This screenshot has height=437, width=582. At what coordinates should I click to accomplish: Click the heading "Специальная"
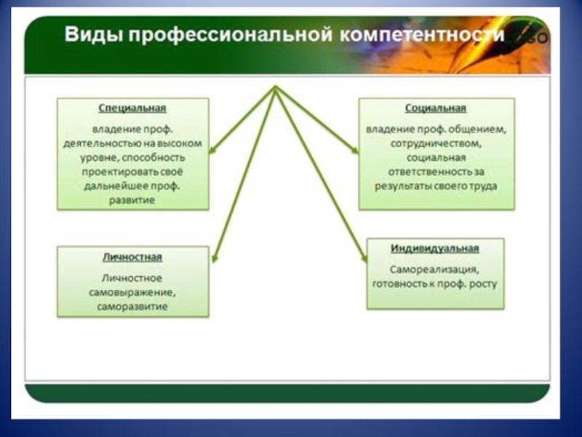(132, 108)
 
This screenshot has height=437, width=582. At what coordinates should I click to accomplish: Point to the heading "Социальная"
(435, 108)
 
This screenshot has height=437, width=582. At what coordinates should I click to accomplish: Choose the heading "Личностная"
(132, 257)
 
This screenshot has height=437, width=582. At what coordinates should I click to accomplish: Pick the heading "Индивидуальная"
(434, 248)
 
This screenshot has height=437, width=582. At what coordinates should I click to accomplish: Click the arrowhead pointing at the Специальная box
(212, 151)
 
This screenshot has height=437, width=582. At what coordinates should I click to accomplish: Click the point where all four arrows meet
(276, 88)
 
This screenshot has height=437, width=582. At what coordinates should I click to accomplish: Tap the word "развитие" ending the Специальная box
(132, 200)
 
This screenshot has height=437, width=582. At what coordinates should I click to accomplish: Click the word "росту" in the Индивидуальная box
(483, 283)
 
